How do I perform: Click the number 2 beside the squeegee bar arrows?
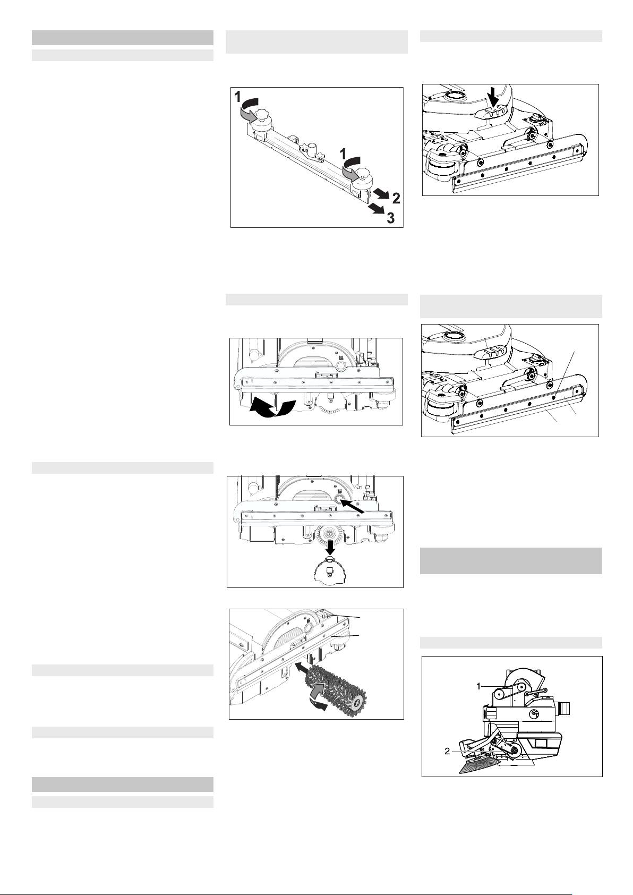396,198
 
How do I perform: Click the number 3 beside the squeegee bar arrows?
390,218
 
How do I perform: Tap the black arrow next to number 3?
375,209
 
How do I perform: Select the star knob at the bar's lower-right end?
364,174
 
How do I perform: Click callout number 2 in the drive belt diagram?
447,752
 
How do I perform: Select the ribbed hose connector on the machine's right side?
563,709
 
